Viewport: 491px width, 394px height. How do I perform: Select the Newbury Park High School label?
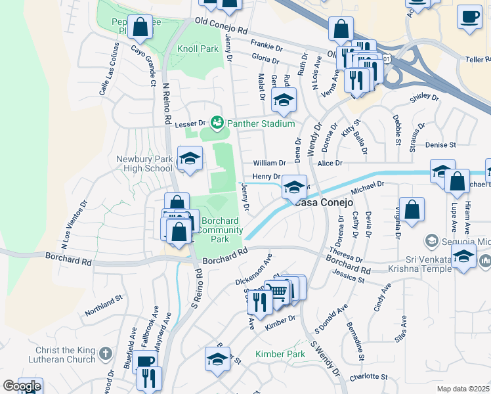(x=144, y=164)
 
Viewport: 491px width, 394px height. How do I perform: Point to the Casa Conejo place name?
(x=324, y=202)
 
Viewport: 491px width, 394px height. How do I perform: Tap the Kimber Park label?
(x=280, y=354)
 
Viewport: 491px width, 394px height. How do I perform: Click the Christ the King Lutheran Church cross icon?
(x=106, y=355)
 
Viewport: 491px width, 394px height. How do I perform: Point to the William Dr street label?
(x=270, y=163)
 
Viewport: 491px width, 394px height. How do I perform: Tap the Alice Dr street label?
(x=330, y=163)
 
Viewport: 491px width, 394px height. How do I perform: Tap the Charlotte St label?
(x=368, y=376)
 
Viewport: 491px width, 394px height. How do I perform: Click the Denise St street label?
(x=440, y=144)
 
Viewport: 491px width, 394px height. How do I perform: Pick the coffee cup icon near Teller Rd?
(x=469, y=18)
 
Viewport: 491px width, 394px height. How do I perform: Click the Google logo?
(x=22, y=386)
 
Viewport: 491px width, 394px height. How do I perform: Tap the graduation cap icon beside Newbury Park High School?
(x=190, y=160)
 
